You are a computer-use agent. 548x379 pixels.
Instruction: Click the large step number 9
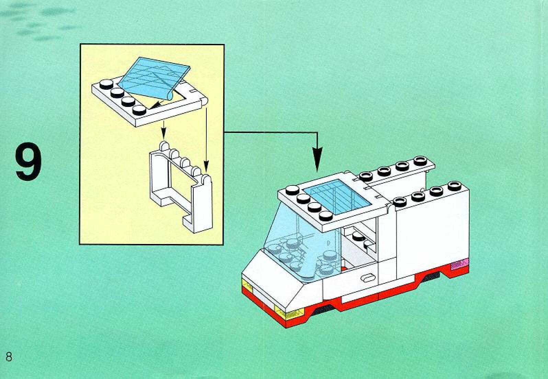[28, 163]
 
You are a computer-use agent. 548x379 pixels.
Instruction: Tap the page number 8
[9, 357]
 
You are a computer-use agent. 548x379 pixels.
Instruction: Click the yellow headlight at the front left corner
[247, 285]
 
